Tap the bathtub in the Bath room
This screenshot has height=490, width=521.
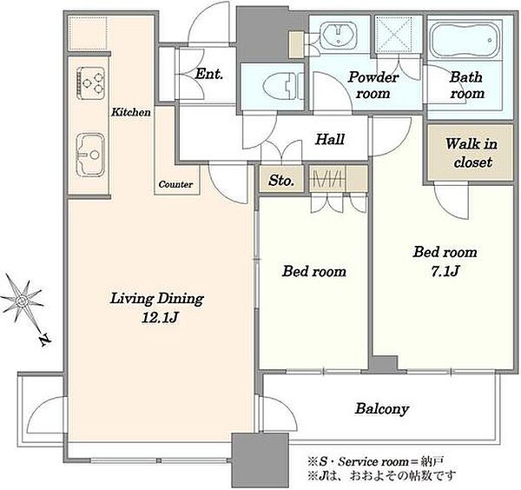point(465,40)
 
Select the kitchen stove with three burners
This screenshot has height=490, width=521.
point(90,83)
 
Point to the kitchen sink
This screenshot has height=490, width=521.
point(90,155)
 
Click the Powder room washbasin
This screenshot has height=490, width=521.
point(339,34)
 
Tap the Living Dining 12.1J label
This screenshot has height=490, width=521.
point(157,308)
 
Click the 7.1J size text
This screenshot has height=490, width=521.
point(445,272)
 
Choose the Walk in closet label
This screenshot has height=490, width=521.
point(472,153)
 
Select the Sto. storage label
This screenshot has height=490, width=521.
point(281,181)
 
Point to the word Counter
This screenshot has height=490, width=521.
point(175,184)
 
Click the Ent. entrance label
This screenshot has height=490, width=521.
point(208,74)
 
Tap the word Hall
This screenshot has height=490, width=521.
point(330,139)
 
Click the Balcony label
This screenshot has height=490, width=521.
point(382,409)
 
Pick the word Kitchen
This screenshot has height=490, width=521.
point(131,112)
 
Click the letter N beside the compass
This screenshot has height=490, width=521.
point(45,340)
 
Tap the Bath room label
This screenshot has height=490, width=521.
point(467,85)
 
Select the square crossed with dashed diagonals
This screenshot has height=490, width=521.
point(393,34)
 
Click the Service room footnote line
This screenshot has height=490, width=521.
point(375,461)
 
